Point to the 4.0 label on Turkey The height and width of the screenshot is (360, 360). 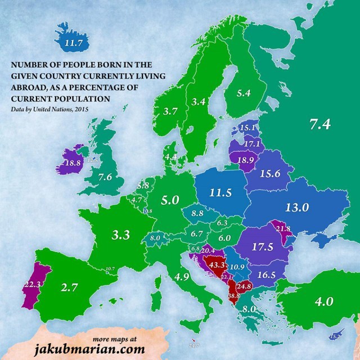[x=324, y=300]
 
